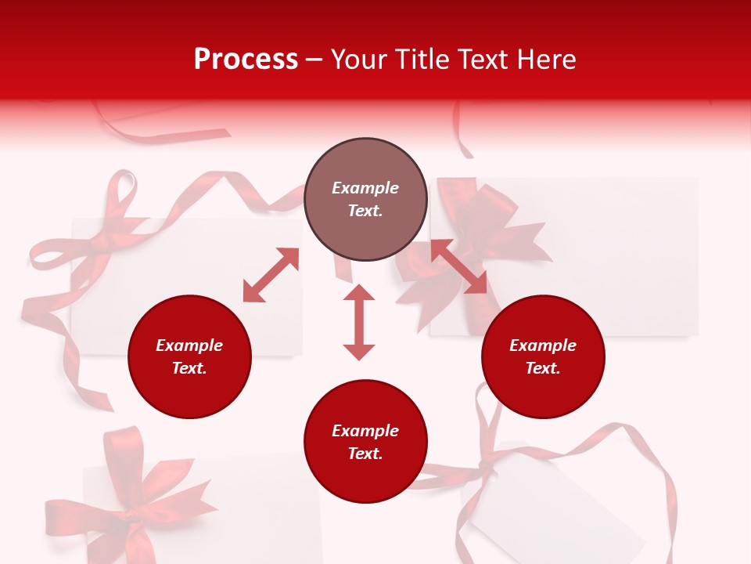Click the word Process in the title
(x=246, y=60)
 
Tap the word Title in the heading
(x=421, y=60)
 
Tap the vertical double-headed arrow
(x=359, y=322)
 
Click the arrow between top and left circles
(x=271, y=275)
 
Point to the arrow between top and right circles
(x=458, y=266)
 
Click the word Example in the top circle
(x=365, y=188)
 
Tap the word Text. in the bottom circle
(x=365, y=454)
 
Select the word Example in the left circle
(x=189, y=345)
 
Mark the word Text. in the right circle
(x=543, y=368)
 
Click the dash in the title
(x=314, y=60)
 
